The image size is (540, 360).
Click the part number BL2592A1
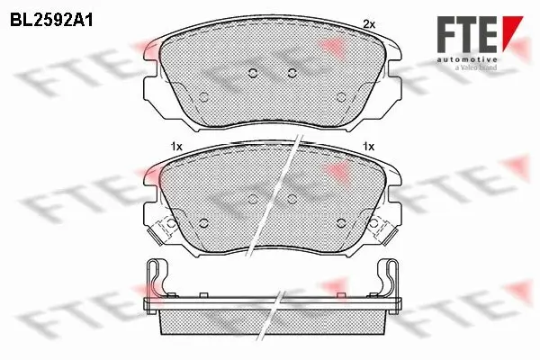pos(51,21)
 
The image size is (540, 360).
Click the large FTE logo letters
pos(467,34)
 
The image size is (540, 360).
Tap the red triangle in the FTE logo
pos(512,32)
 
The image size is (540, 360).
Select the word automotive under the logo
pos(467,60)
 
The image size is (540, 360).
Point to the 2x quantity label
pos(369,24)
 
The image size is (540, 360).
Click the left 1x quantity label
pos(176,147)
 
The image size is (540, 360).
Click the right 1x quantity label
pos(368,147)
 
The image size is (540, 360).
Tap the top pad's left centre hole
pos(253,73)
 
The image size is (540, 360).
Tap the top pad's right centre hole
pos(292,73)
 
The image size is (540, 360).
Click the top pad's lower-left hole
pos(203,97)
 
